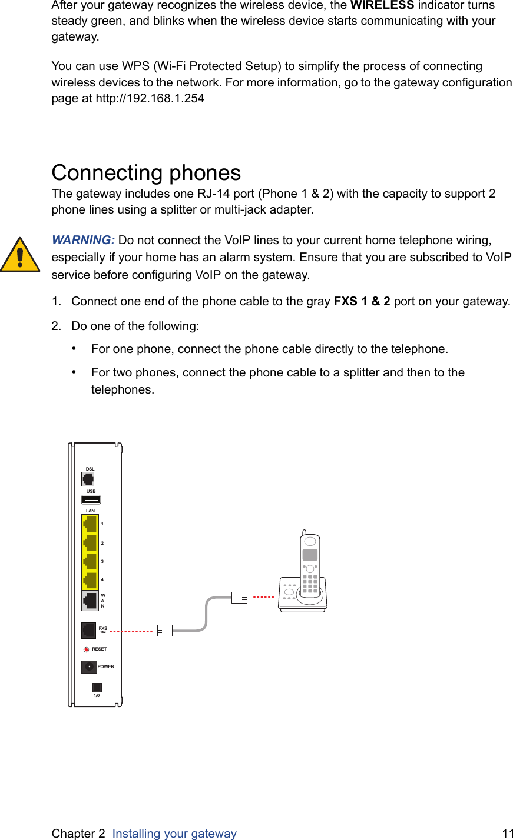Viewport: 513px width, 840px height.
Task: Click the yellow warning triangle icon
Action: tap(20, 256)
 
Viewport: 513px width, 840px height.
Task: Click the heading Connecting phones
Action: tap(146, 173)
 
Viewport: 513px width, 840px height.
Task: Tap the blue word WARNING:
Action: tap(83, 240)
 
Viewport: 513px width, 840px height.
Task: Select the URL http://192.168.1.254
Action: tap(150, 99)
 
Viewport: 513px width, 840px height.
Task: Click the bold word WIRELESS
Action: tap(382, 5)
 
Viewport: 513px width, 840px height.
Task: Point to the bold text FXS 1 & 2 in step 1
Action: tap(362, 302)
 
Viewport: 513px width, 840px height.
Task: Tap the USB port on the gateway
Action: tap(91, 500)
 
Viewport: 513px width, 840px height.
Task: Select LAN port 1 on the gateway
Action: tap(90, 524)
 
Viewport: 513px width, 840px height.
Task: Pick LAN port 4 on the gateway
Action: tap(90, 580)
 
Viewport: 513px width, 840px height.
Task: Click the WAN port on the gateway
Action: tap(90, 601)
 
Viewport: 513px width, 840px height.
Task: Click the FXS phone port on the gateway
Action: tap(88, 631)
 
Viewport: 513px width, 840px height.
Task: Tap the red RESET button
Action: tap(87, 649)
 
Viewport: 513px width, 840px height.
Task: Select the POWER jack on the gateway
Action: tap(89, 667)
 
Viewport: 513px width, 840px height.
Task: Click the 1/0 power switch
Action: tap(97, 687)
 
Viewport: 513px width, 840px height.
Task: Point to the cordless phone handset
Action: tap(310, 565)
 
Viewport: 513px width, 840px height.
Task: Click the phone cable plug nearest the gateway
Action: tap(165, 631)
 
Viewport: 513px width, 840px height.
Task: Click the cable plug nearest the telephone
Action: tap(240, 597)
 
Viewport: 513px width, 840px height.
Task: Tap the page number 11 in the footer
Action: tap(507, 833)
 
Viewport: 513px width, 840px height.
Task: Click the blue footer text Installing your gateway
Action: tap(174, 833)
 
